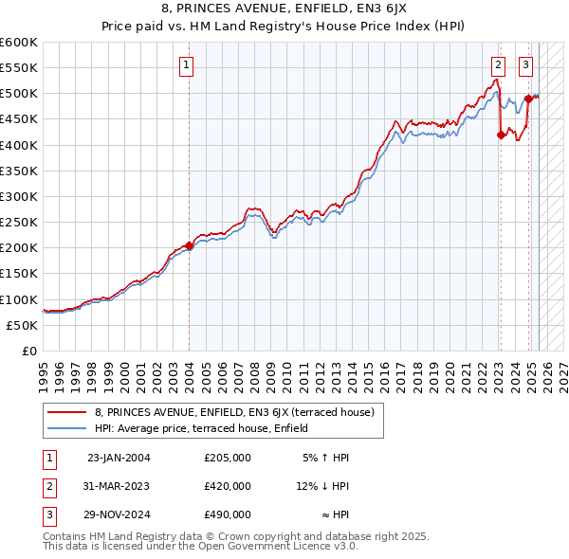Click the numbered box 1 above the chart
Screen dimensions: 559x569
[187, 65]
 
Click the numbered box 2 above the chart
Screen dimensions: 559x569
[498, 65]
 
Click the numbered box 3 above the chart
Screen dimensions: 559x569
[525, 65]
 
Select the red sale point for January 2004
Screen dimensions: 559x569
[189, 245]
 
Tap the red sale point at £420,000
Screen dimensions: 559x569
[501, 135]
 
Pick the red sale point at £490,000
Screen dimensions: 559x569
[528, 99]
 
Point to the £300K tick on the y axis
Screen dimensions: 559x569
[19, 196]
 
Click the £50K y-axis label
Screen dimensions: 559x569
[22, 325]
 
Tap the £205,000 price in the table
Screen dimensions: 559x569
[228, 458]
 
